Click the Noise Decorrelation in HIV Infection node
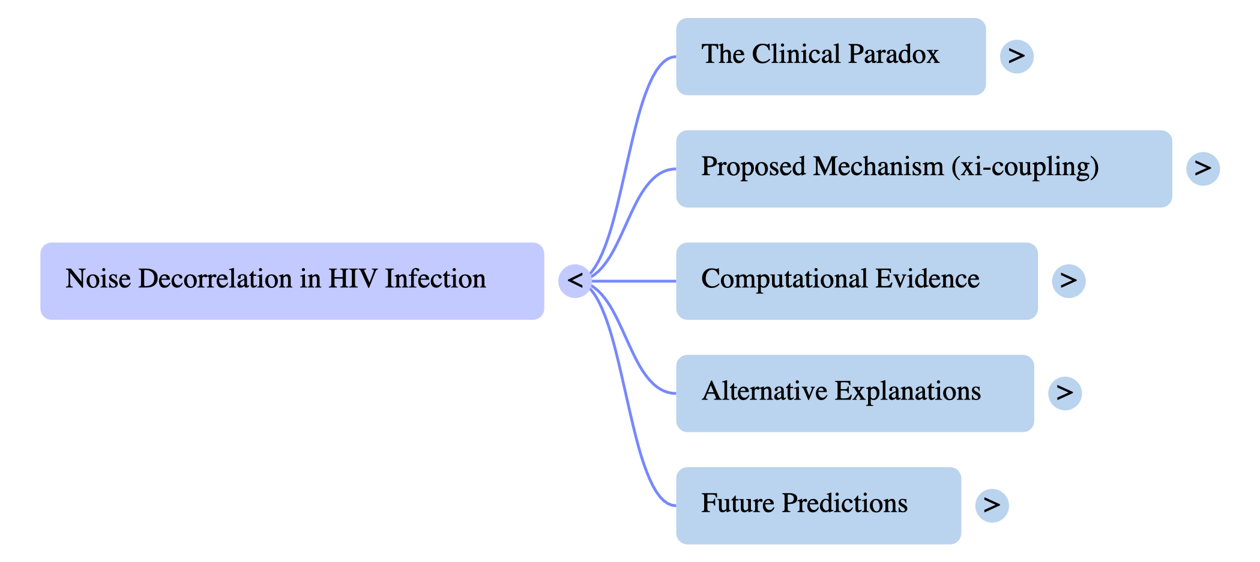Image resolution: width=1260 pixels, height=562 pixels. tap(292, 281)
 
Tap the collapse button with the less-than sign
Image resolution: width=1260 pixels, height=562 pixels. tap(574, 280)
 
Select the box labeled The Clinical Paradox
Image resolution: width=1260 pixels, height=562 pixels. tap(830, 56)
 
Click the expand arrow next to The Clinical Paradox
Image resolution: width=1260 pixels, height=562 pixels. tap(1016, 56)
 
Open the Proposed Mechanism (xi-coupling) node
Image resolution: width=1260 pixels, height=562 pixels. tap(923, 169)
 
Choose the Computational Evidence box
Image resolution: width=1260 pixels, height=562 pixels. tap(856, 281)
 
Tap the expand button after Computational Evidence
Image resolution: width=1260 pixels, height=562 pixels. tap(1068, 280)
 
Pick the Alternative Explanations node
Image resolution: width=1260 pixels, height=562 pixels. tap(854, 393)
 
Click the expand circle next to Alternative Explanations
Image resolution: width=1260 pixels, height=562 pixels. tap(1064, 393)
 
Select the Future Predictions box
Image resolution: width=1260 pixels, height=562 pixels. tap(818, 505)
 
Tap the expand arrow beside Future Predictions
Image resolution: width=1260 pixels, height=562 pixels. tap(991, 505)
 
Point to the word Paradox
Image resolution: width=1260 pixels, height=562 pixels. tap(893, 55)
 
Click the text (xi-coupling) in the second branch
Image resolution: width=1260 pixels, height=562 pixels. tap(1025, 167)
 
